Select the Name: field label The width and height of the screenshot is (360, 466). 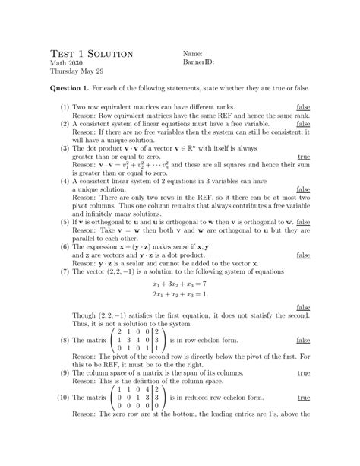195,55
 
